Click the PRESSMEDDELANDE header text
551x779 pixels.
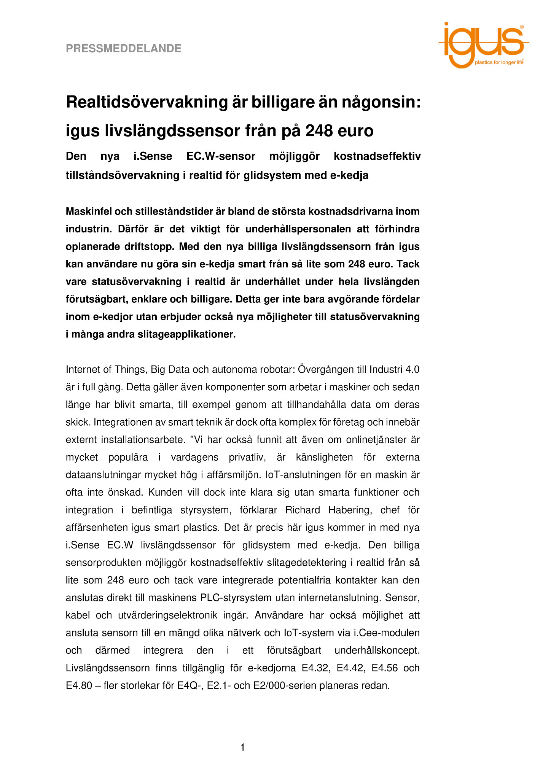[x=123, y=48]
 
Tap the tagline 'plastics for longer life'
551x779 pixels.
[x=499, y=62]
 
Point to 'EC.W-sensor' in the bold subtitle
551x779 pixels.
[x=221, y=156]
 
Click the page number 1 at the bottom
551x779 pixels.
[x=242, y=748]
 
